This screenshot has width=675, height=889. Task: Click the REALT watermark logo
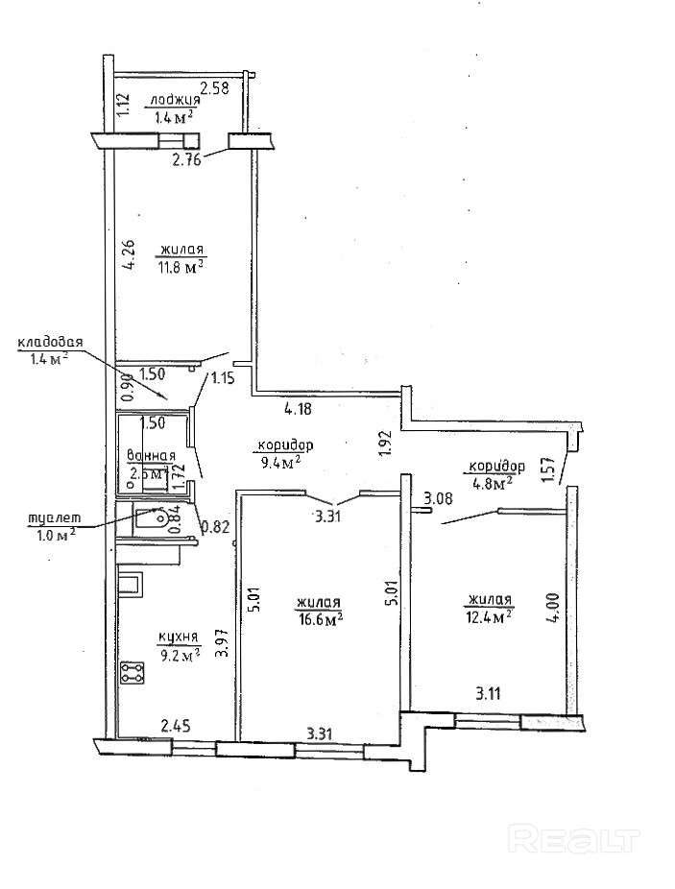point(575,840)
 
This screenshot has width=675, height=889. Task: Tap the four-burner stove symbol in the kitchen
point(132,673)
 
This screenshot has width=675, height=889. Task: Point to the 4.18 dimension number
point(298,409)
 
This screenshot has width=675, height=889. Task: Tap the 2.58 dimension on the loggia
point(215,89)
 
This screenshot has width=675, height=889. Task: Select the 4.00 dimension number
point(551,608)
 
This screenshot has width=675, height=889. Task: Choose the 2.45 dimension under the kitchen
point(176,728)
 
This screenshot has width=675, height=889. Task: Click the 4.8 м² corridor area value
point(489,483)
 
